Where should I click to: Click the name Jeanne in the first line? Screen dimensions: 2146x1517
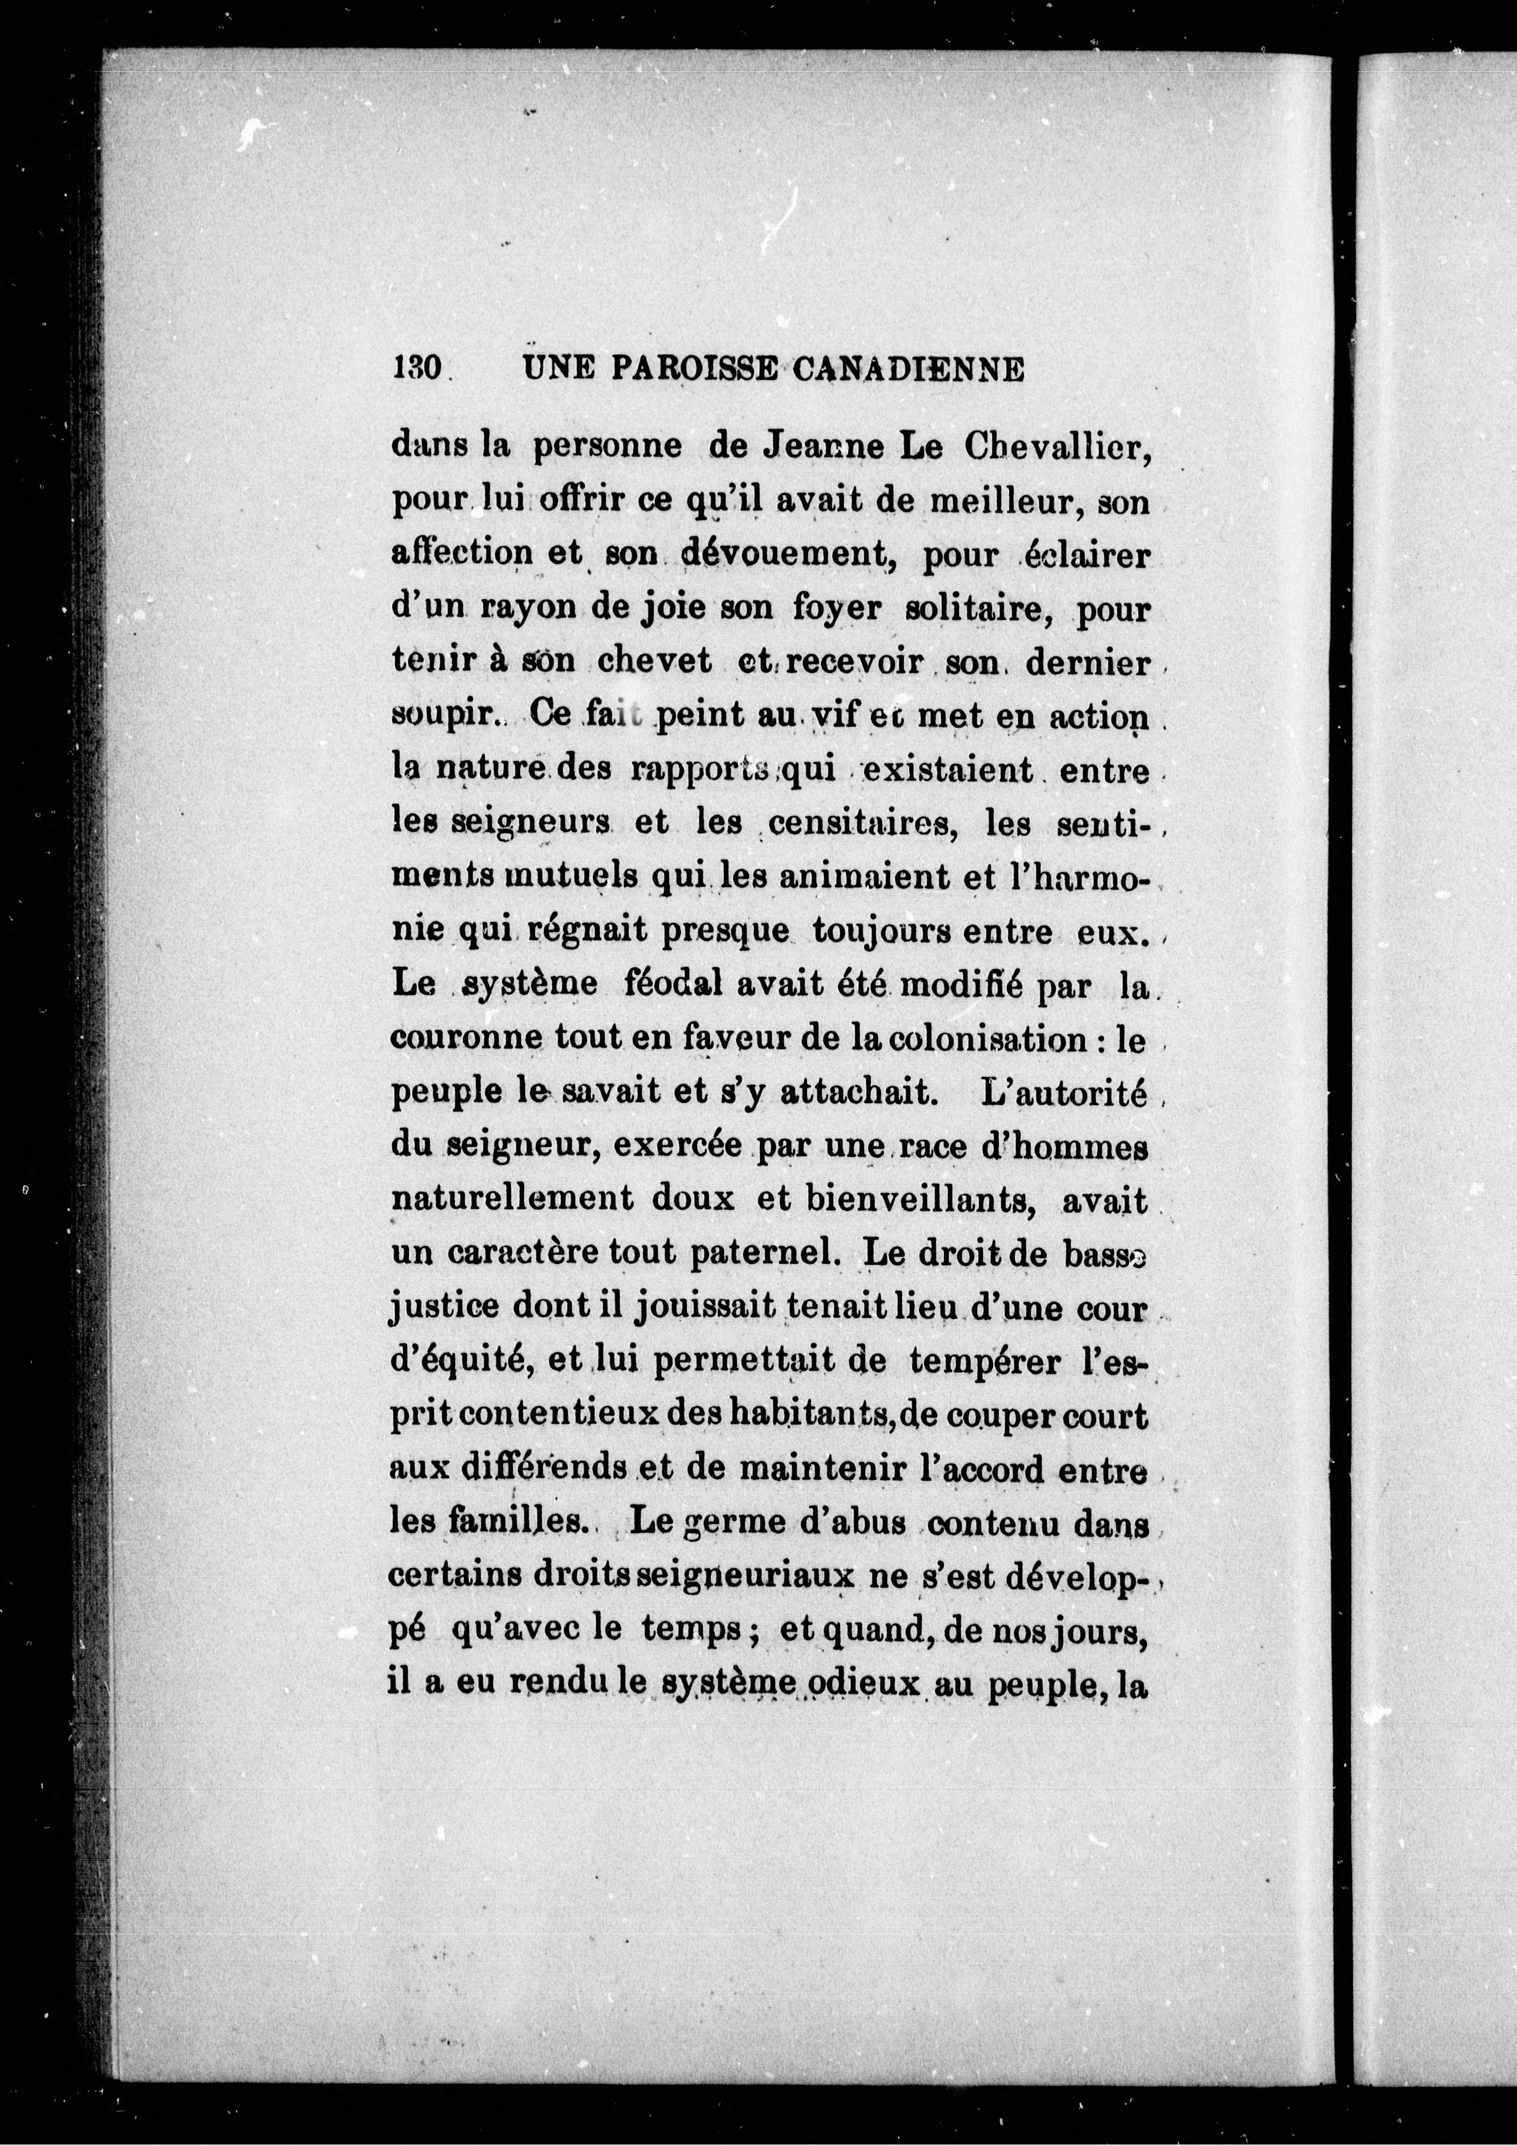click(x=821, y=448)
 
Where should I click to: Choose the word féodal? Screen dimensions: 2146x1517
click(x=663, y=986)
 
